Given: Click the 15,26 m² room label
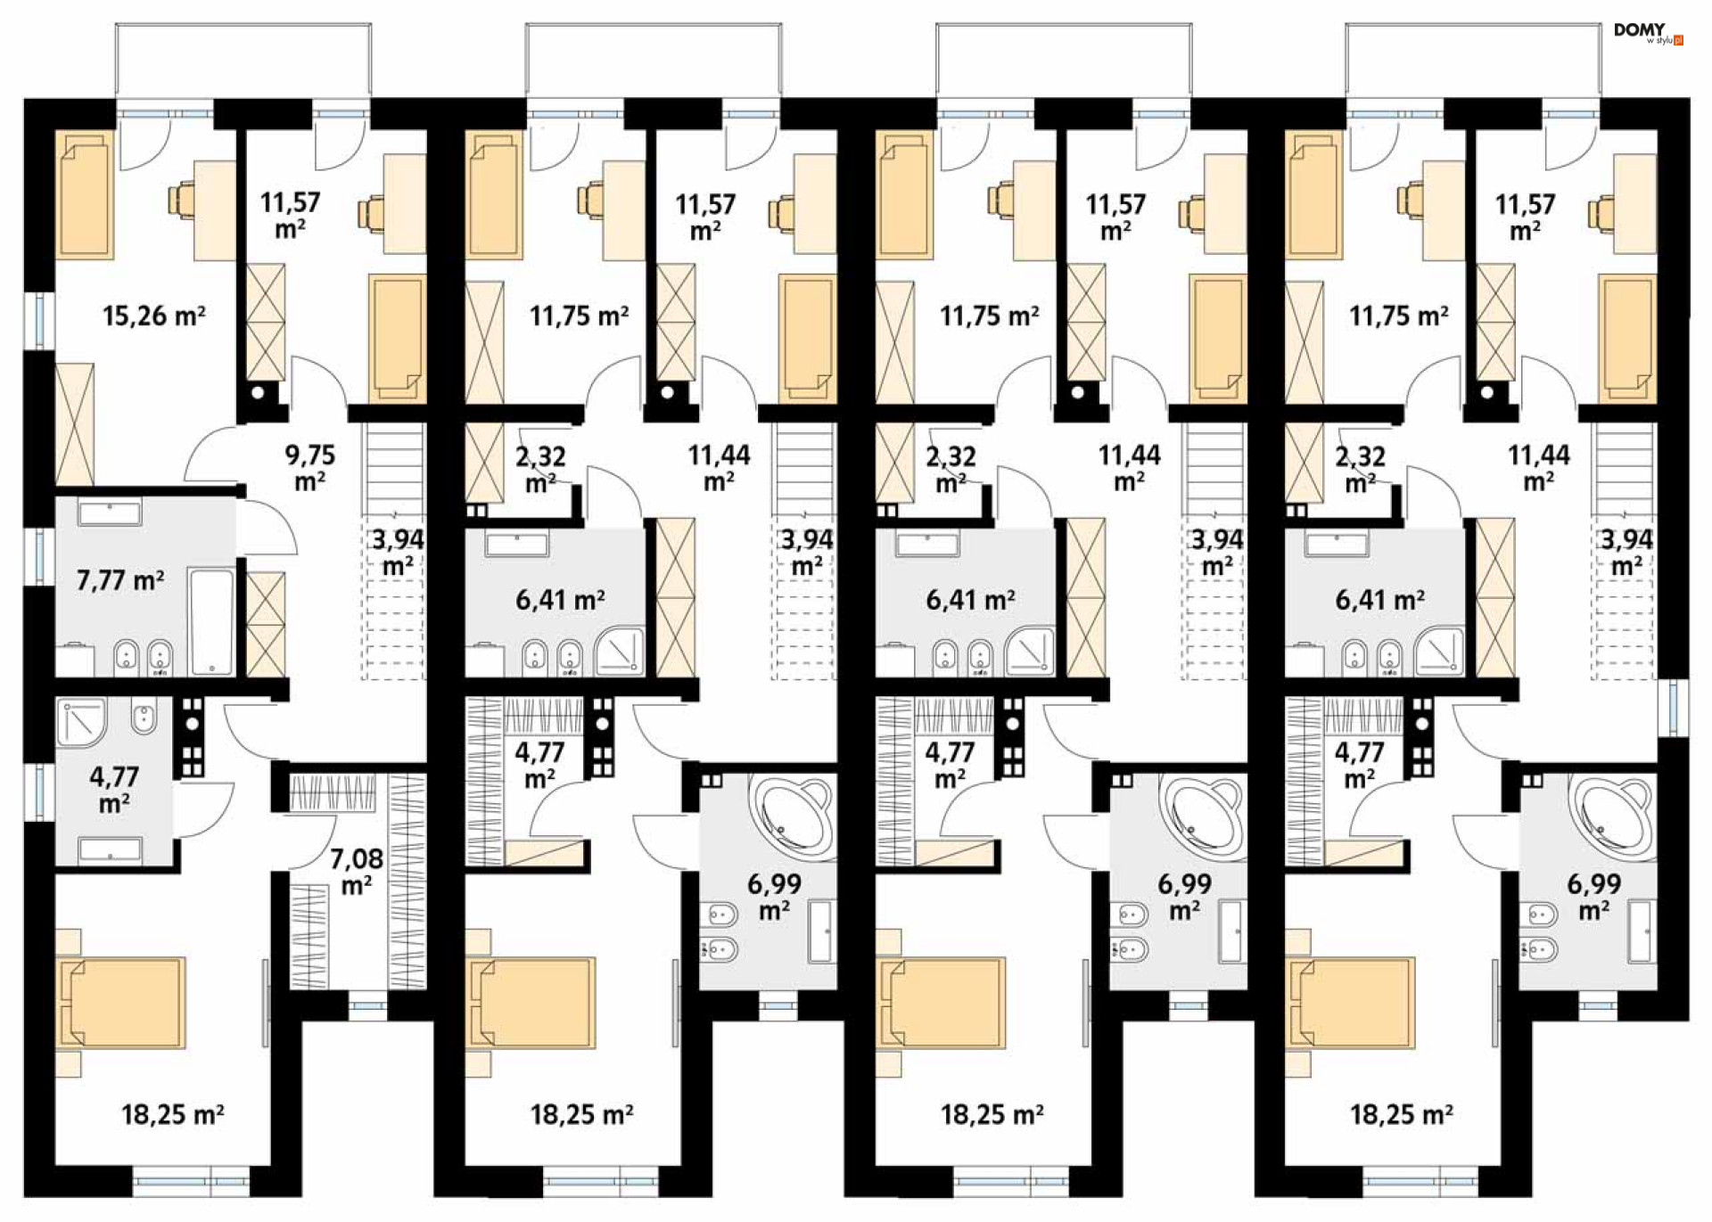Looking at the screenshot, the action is (154, 316).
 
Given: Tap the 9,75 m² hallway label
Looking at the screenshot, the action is (310, 468).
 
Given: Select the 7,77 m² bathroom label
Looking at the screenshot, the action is (120, 581).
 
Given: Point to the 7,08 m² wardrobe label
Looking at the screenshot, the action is (357, 872).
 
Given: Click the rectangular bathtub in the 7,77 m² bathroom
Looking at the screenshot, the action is (212, 622).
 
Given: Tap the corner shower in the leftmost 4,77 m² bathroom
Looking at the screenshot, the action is (81, 722).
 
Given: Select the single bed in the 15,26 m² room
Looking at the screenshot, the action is (86, 195).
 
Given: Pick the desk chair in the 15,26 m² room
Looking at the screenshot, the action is (182, 200).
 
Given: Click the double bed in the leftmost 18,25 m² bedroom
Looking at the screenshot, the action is (121, 1003).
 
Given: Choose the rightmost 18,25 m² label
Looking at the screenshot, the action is (1402, 1114).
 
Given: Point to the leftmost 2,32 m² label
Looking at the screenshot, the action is (540, 470).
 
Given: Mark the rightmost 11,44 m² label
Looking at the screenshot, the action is (1539, 468).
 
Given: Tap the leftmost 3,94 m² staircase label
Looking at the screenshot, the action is (398, 553).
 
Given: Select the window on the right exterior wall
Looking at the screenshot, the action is (1674, 708).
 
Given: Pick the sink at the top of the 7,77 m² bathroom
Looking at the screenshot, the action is (110, 513).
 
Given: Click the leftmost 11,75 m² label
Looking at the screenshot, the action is (580, 316).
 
